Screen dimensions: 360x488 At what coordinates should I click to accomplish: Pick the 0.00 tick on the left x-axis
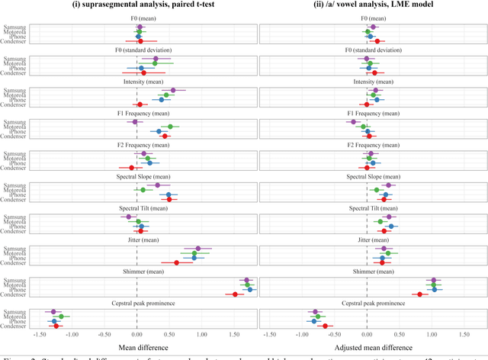pos(136,333)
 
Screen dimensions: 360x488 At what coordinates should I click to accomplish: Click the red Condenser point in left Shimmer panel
pos(235,294)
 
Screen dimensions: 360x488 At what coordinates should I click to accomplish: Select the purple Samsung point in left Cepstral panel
pos(53,311)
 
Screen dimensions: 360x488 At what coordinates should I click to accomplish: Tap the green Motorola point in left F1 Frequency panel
pos(170,127)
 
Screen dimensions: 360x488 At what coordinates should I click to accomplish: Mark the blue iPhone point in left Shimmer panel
pos(250,289)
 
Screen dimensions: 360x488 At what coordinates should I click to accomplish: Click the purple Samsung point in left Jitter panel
pos(198,248)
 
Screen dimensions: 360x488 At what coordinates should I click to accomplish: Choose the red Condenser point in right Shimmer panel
pos(419,294)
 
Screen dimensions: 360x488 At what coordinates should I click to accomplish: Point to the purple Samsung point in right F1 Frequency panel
pos(353,121)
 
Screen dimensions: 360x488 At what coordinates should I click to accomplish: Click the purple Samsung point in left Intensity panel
pos(173,90)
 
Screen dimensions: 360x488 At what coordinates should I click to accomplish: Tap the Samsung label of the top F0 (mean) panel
pos(14,27)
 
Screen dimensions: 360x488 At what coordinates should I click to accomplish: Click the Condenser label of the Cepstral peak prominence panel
pos(13,326)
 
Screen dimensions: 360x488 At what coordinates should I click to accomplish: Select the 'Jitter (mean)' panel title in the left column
pos(136,239)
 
